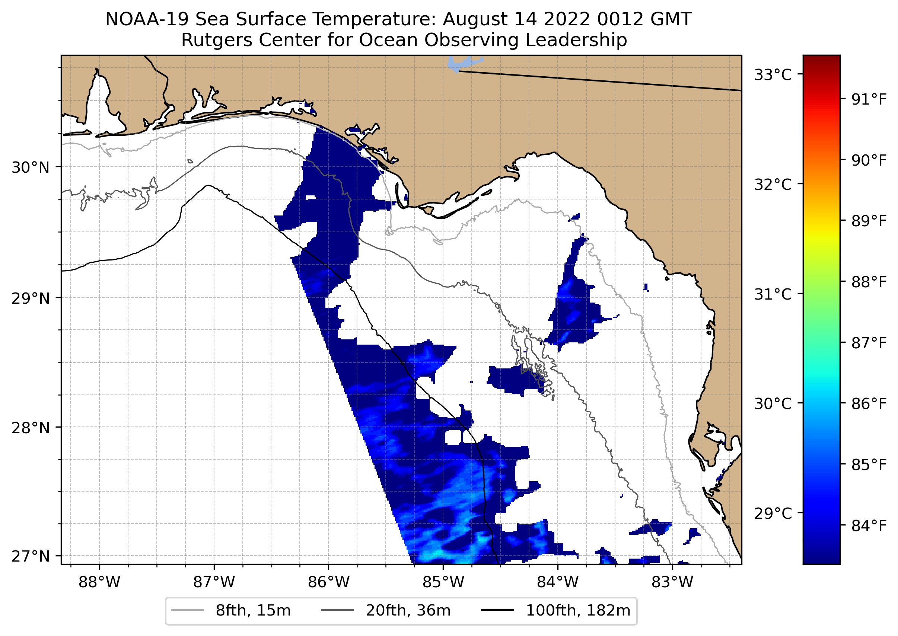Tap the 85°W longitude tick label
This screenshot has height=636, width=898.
click(x=443, y=582)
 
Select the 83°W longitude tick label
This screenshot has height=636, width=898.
click(x=672, y=582)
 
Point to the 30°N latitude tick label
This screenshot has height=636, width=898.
click(x=31, y=167)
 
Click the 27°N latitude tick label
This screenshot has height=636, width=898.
click(x=31, y=556)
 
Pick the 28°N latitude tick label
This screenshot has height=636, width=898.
click(x=31, y=428)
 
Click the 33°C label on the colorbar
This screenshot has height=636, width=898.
click(x=773, y=74)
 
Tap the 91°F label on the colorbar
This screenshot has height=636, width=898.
click(x=869, y=99)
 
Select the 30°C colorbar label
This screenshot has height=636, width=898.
click(x=773, y=403)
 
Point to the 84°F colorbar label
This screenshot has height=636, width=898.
click(x=869, y=525)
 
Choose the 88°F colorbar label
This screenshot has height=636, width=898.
click(x=869, y=282)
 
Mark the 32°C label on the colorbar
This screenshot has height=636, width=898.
click(x=773, y=184)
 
